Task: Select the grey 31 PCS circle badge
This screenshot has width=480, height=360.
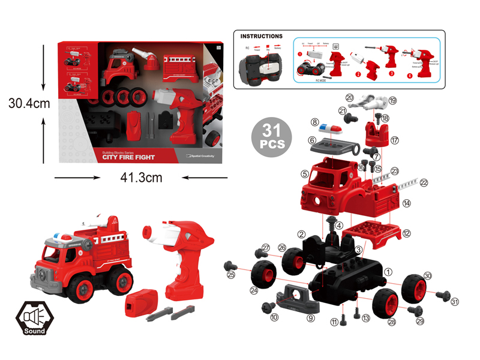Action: (268, 137)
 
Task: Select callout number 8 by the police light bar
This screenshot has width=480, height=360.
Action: (314, 122)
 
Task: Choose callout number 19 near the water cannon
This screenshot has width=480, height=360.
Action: (392, 100)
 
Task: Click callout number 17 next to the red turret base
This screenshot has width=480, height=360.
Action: (394, 140)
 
